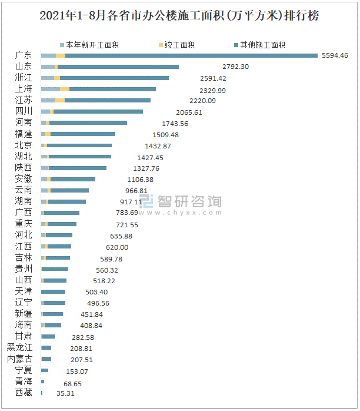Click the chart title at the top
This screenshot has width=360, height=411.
(x=179, y=16)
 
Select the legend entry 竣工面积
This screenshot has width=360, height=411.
(x=181, y=45)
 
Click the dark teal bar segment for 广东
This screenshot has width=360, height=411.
(x=191, y=55)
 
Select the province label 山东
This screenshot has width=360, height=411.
(x=24, y=67)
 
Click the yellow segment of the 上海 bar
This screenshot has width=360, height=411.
(x=65, y=89)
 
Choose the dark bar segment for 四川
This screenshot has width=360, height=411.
(x=98, y=111)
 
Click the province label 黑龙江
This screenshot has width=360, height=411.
(x=19, y=347)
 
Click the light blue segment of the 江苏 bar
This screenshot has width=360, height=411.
(x=48, y=100)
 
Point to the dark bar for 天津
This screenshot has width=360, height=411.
(x=53, y=291)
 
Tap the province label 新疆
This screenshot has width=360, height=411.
(x=24, y=314)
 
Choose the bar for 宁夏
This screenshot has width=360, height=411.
(x=45, y=370)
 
